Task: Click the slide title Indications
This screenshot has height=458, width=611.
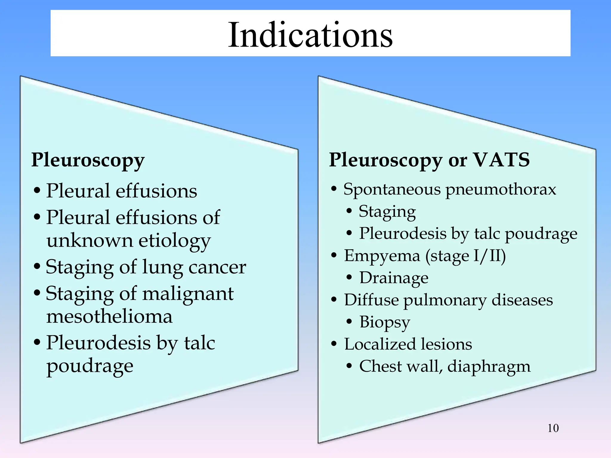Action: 310,35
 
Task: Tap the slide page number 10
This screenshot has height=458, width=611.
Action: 553,428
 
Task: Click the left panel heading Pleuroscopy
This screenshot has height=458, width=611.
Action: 88,160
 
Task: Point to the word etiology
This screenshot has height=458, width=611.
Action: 175,241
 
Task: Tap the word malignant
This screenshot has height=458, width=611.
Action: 188,294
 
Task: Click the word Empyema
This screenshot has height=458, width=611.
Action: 382,256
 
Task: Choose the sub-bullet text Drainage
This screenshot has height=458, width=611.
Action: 394,278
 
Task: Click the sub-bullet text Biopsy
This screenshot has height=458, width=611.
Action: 385,322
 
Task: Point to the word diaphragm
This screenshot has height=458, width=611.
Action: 489,366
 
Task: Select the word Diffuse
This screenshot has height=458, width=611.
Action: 371,300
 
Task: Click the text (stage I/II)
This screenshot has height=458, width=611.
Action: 465,256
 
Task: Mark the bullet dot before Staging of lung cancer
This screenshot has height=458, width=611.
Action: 37,266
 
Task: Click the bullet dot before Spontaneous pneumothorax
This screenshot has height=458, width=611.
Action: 334,189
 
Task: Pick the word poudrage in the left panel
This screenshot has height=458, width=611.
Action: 90,366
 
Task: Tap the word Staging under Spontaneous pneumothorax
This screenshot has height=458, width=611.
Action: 387,212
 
